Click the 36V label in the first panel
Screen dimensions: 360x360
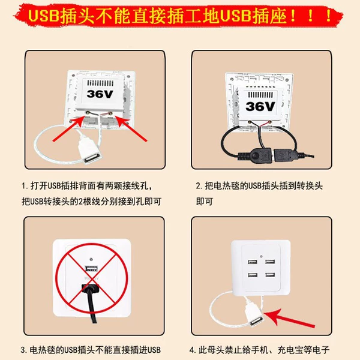click(x=100, y=94)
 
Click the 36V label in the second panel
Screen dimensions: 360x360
click(x=260, y=107)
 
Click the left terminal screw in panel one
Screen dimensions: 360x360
click(x=88, y=113)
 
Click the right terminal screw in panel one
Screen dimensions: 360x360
click(x=110, y=113)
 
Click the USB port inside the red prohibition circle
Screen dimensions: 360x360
click(x=92, y=268)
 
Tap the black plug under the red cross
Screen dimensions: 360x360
click(x=91, y=289)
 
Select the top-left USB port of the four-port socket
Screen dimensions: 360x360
click(x=253, y=262)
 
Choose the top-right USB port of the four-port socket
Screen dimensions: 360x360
click(x=270, y=262)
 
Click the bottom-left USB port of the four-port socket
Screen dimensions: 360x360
click(x=253, y=275)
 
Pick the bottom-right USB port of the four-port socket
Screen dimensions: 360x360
click(x=270, y=275)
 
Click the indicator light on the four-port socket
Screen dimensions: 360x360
click(x=261, y=256)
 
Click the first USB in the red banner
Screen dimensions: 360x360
click(x=43, y=16)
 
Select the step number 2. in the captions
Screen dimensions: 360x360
click(x=199, y=186)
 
